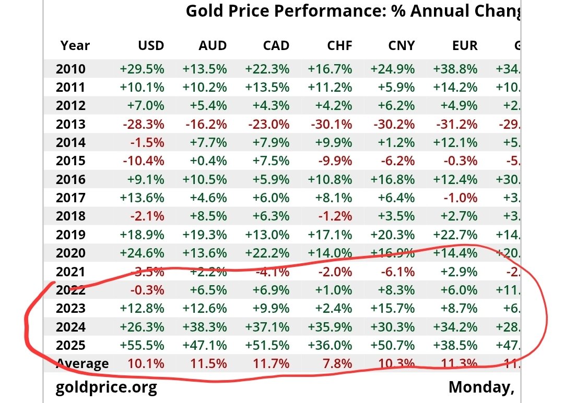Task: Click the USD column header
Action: tap(151, 45)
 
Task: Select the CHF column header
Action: tap(339, 45)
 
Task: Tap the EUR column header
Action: tap(465, 45)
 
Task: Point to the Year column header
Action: tap(75, 45)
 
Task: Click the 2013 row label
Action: tap(70, 124)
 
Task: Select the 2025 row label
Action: tap(70, 345)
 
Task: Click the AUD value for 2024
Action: tap(205, 327)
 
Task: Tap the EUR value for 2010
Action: tap(455, 69)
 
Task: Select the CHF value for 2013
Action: tap(330, 124)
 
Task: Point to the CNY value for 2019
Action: tap(392, 234)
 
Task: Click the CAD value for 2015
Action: tap(271, 161)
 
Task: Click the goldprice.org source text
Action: tap(106, 387)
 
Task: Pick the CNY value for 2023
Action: tap(392, 308)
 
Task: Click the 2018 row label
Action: tap(70, 216)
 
